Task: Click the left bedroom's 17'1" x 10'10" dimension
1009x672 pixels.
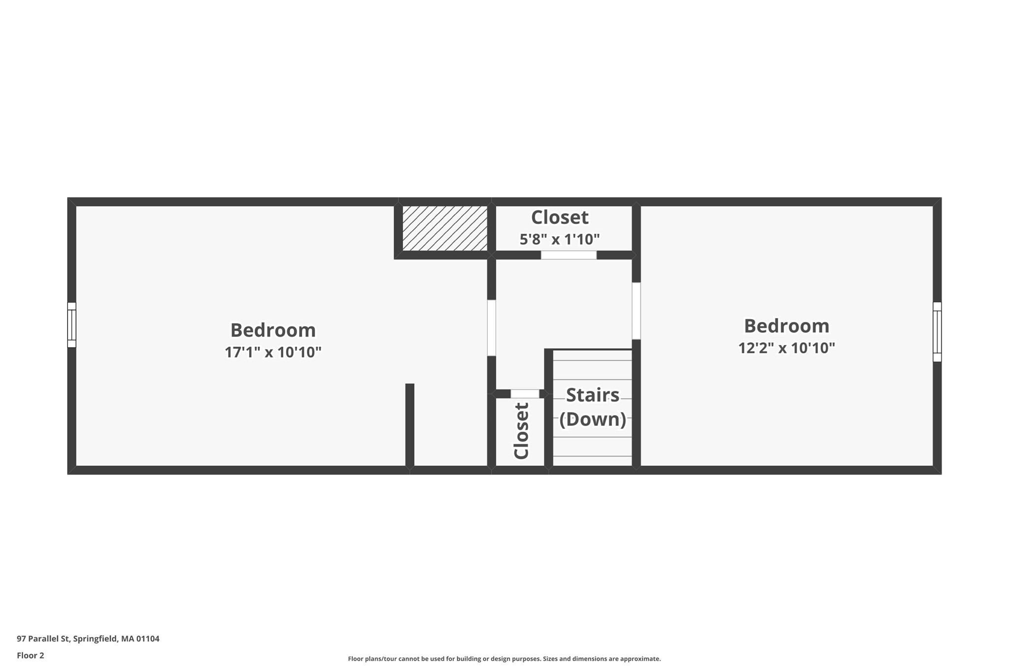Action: [273, 352]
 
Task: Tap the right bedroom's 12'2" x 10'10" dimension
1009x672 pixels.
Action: [786, 348]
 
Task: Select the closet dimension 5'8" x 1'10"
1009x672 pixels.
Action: [560, 240]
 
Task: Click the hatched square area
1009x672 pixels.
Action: [445, 228]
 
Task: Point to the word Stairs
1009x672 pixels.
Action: [592, 395]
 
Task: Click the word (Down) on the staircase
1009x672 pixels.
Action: [592, 419]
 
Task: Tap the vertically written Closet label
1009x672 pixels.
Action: [521, 431]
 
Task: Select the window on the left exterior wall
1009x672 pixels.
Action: [72, 325]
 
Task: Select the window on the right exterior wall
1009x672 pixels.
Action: [937, 331]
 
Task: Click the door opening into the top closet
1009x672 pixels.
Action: [569, 255]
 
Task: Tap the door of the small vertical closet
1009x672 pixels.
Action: [525, 394]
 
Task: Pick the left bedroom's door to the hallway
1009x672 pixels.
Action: [491, 327]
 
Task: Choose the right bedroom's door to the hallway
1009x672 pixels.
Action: [636, 311]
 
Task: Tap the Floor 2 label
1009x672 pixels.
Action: [31, 656]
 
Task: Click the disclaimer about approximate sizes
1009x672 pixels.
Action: [504, 659]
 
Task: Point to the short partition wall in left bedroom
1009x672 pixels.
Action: [409, 425]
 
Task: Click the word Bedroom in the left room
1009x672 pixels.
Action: [273, 330]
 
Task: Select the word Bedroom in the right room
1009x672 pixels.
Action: [786, 326]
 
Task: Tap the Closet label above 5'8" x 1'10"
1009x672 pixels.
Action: [560, 217]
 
